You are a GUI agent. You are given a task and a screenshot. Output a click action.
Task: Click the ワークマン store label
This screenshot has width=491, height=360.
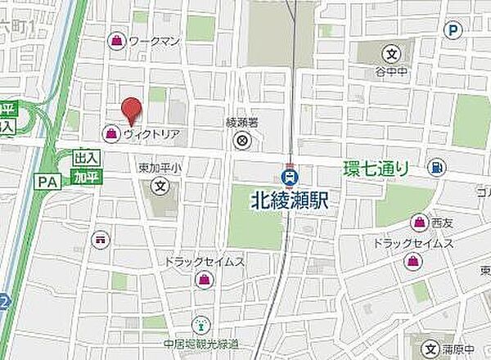click(153, 39)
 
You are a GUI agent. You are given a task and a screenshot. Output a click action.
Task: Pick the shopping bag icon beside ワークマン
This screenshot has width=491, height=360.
click(117, 39)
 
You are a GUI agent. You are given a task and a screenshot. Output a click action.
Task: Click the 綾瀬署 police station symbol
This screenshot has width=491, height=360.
click(242, 141)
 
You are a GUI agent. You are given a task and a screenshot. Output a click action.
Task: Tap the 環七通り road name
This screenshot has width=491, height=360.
click(376, 169)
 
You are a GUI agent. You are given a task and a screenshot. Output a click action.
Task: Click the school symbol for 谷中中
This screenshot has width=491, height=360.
click(392, 55)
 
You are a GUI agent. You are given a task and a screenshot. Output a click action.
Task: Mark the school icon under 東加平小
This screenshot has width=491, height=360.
click(160, 186)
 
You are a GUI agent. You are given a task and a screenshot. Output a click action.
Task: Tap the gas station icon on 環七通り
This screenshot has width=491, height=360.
click(439, 169)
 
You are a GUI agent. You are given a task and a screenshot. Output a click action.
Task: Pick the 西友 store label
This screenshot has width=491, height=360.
click(443, 222)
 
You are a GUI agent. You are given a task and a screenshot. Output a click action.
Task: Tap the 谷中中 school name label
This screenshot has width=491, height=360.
click(392, 71)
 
